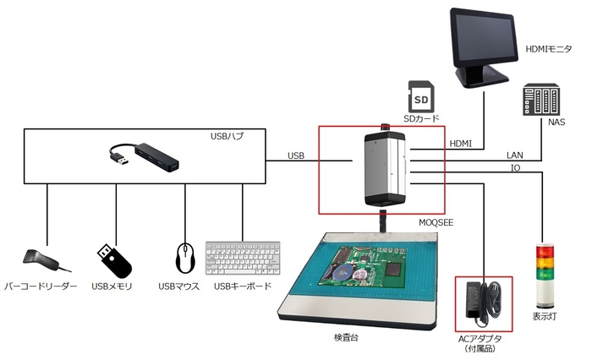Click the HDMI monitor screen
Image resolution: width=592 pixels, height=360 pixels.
481,41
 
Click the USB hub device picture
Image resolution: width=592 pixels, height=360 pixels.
145,157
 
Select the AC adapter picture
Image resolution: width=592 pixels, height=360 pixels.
484,303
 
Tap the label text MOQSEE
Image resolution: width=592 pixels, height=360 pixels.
437,222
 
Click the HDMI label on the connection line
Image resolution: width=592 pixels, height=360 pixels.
461,142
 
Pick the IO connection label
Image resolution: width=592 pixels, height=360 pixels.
515,168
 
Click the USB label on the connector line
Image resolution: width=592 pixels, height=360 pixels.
296,155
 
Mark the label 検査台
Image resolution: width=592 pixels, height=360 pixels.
348,337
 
